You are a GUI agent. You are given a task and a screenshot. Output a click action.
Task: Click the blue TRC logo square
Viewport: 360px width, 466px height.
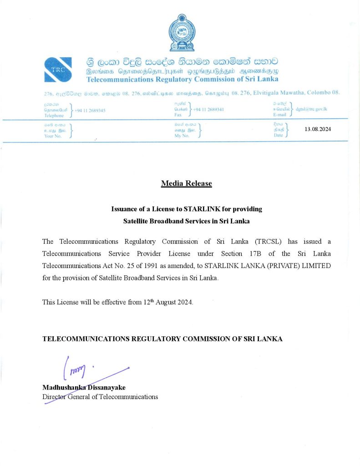pyautogui.click(x=59, y=69)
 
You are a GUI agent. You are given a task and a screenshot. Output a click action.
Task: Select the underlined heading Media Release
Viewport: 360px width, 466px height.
pyautogui.click(x=186, y=183)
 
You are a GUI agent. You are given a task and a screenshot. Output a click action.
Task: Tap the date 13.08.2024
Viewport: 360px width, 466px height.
pyautogui.click(x=318, y=129)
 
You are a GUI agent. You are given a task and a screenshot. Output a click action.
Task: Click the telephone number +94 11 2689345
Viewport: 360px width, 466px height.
pyautogui.click(x=90, y=110)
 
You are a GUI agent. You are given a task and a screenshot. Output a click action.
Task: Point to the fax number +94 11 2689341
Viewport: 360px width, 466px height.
pyautogui.click(x=208, y=110)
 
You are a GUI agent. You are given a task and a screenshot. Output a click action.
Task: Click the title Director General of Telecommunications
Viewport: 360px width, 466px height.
pyautogui.click(x=100, y=397)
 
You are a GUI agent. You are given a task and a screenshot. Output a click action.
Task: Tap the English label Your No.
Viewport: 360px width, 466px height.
pyautogui.click(x=53, y=136)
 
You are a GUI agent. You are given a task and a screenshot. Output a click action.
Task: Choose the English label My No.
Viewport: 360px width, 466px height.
pyautogui.click(x=182, y=136)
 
